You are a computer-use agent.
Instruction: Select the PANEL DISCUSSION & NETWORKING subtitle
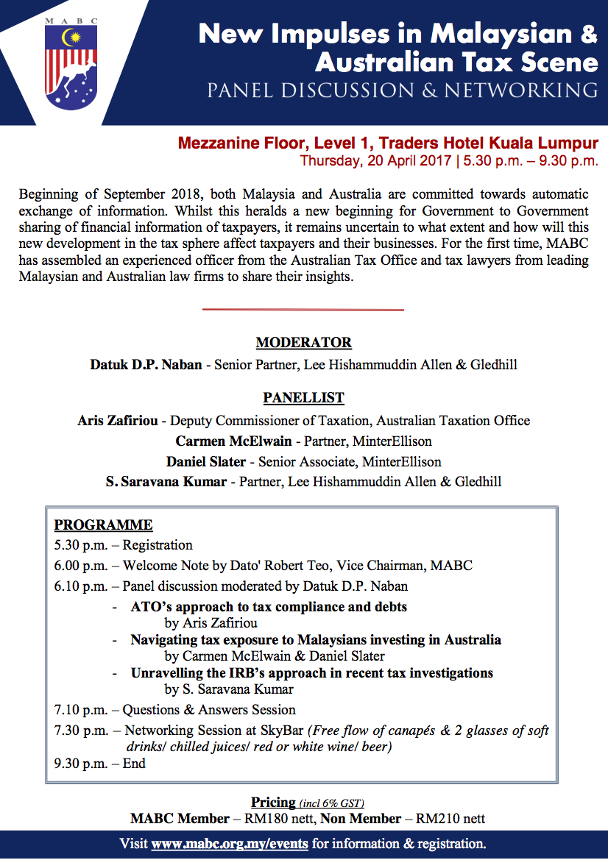pos(403,90)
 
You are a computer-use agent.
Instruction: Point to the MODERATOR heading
pos(303,343)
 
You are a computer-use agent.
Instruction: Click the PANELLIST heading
pos(303,398)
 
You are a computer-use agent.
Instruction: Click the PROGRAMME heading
pos(103,525)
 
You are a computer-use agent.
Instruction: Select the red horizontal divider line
pos(303,310)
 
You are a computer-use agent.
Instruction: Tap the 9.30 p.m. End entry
pos(99,763)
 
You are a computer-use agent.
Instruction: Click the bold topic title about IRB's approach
pos(311,673)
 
